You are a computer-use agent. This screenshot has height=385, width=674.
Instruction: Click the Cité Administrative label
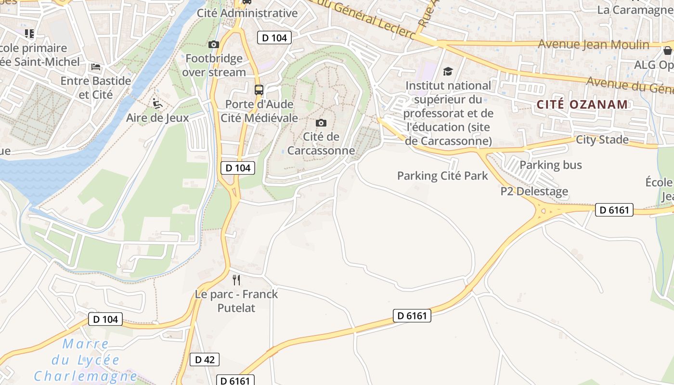[x=247, y=13]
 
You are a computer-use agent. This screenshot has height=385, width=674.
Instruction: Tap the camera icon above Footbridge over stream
[x=214, y=45]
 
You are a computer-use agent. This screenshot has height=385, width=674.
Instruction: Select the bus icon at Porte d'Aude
[x=259, y=90]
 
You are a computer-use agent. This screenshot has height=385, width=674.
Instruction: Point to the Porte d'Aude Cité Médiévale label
[x=259, y=111]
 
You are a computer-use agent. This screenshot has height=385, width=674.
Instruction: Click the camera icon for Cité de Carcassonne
[x=321, y=123]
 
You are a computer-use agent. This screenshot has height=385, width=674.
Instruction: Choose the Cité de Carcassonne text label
[x=321, y=143]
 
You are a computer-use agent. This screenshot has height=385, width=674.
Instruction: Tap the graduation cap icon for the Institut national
[x=448, y=72]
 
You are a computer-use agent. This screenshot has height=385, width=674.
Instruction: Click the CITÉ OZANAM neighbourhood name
[x=582, y=104]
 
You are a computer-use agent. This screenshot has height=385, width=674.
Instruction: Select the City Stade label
[x=602, y=140]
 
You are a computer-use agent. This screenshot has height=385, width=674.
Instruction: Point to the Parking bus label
[x=551, y=165]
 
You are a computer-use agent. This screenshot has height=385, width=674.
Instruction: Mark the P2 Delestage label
[x=534, y=192]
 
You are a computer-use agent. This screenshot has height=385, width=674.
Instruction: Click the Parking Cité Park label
[x=442, y=176]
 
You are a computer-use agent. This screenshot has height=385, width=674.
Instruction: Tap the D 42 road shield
[x=205, y=359]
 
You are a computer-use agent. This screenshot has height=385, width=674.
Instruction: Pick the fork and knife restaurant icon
[x=236, y=280]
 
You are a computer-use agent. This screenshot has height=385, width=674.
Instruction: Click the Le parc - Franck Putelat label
[x=236, y=301]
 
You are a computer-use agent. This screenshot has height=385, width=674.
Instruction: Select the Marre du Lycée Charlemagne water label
[x=85, y=360]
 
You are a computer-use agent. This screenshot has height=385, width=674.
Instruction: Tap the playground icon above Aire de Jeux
[x=156, y=103]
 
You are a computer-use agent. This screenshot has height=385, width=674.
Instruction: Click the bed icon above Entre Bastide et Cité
[x=96, y=66]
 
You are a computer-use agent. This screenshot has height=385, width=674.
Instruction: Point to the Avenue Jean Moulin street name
[x=594, y=45]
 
